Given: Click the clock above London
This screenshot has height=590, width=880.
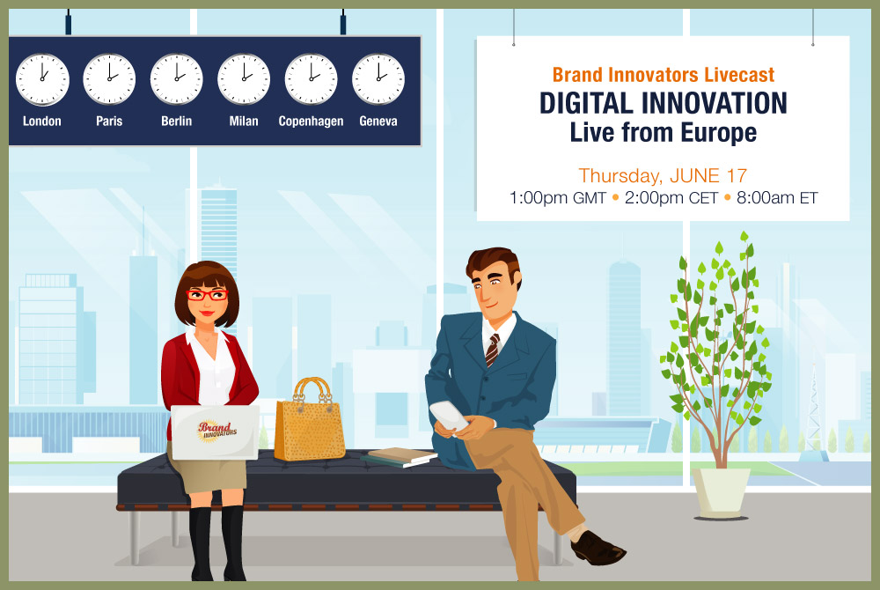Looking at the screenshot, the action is [42, 79].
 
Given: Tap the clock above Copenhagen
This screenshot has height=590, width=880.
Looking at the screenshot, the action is [311, 79].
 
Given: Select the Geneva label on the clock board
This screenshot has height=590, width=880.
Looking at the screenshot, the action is [378, 121].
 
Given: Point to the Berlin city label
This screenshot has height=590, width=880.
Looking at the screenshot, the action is [176, 121].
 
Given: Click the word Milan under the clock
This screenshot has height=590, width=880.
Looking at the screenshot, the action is [244, 121].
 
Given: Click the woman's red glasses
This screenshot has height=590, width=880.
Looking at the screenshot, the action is [207, 295].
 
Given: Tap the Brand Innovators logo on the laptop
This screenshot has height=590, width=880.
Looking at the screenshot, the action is [217, 431].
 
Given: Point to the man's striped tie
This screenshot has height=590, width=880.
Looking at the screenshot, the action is [492, 350].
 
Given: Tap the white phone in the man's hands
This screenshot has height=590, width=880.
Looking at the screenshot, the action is [449, 416].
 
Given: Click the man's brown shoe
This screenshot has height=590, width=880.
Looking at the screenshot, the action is [598, 548].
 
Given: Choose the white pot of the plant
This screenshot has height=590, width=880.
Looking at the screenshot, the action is [721, 493].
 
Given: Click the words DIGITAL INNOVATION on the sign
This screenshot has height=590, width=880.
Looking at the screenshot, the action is [664, 103].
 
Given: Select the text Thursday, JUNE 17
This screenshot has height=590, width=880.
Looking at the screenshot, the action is [663, 176].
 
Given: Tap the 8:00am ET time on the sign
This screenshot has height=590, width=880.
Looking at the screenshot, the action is [777, 197].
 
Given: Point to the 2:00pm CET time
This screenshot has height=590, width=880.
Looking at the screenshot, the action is [671, 197].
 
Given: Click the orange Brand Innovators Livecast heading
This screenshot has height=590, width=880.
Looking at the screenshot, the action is [664, 75].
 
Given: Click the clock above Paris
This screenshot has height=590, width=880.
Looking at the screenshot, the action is [109, 79].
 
